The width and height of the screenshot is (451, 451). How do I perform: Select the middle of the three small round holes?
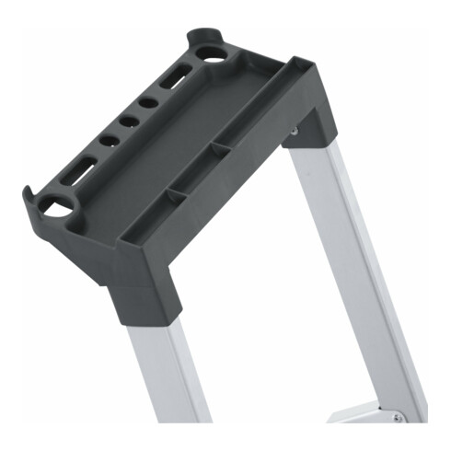pos(129,121)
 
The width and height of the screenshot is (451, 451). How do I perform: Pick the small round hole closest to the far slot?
pos(148,102)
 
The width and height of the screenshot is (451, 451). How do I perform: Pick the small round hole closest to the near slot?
pos(110,141)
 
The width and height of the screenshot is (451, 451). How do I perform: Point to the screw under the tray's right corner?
pos(294,132)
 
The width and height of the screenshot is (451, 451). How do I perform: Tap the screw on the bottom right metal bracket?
pos(397,417)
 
